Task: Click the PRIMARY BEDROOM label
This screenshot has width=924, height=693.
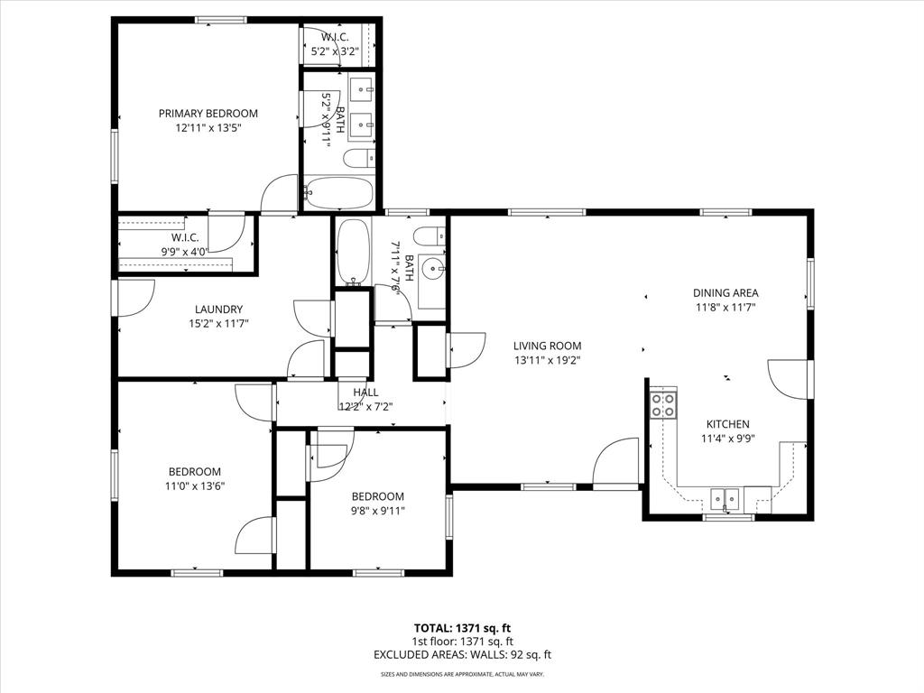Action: click(208, 114)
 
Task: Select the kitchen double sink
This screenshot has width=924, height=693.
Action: click(724, 498)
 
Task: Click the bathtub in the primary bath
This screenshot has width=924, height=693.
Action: click(337, 191)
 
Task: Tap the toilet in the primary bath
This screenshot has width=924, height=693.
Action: click(357, 159)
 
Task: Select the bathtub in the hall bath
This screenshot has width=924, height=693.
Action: click(352, 251)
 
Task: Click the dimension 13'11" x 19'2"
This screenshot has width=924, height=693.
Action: click(547, 359)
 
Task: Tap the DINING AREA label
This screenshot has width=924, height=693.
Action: click(725, 293)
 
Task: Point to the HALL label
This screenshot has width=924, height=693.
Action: click(365, 393)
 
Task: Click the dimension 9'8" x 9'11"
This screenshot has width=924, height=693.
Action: click(377, 510)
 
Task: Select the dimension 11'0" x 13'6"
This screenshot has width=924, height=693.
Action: click(195, 485)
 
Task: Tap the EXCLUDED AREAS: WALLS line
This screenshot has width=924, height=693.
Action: click(463, 656)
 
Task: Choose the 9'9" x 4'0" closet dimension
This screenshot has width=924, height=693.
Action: click(184, 252)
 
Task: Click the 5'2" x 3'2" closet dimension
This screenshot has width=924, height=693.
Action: click(336, 51)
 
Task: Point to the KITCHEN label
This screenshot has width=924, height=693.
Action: click(727, 424)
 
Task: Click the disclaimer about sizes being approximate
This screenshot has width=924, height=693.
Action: click(463, 674)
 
